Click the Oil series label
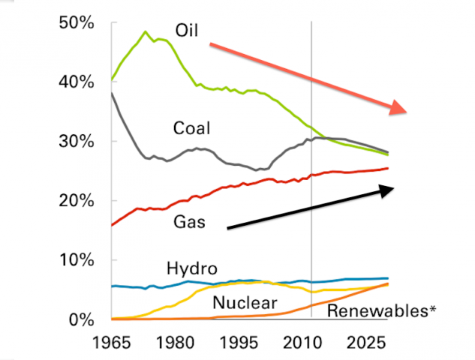[x=187, y=30]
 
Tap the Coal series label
[x=191, y=128]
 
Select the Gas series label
[x=188, y=222]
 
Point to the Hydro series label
[x=192, y=268]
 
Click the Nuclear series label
[x=245, y=303]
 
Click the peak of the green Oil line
[x=145, y=31]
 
